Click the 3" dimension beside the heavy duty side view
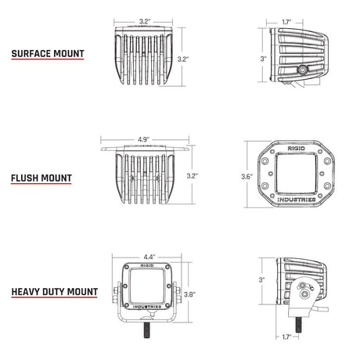(262, 279)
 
